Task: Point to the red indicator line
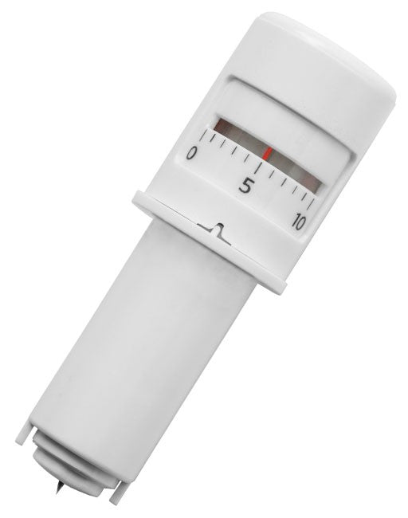point(268,151)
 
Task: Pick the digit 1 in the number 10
point(292,220)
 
